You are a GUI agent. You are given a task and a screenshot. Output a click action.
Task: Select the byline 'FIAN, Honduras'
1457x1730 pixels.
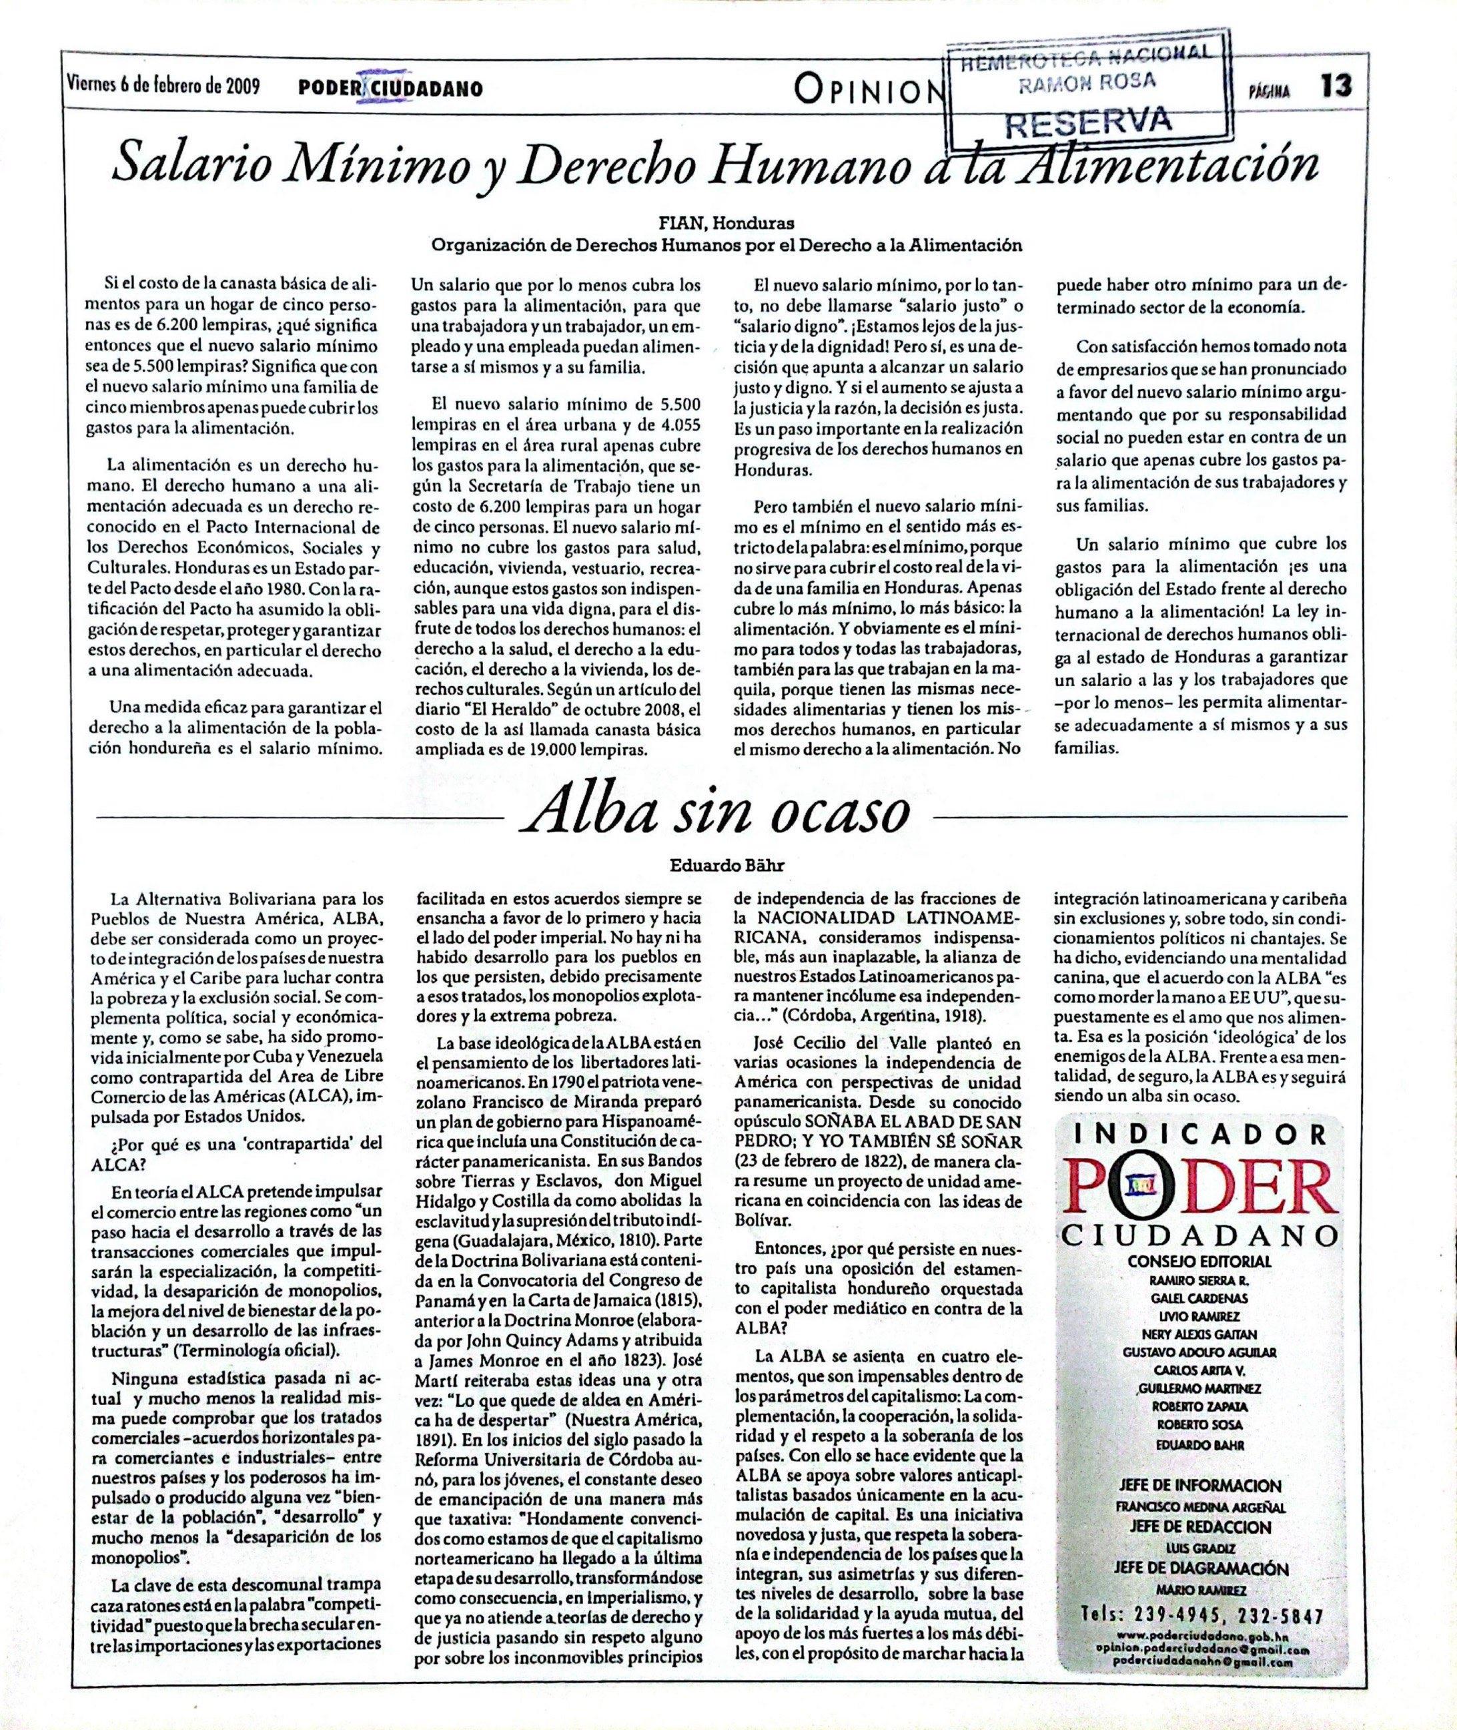click(725, 223)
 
